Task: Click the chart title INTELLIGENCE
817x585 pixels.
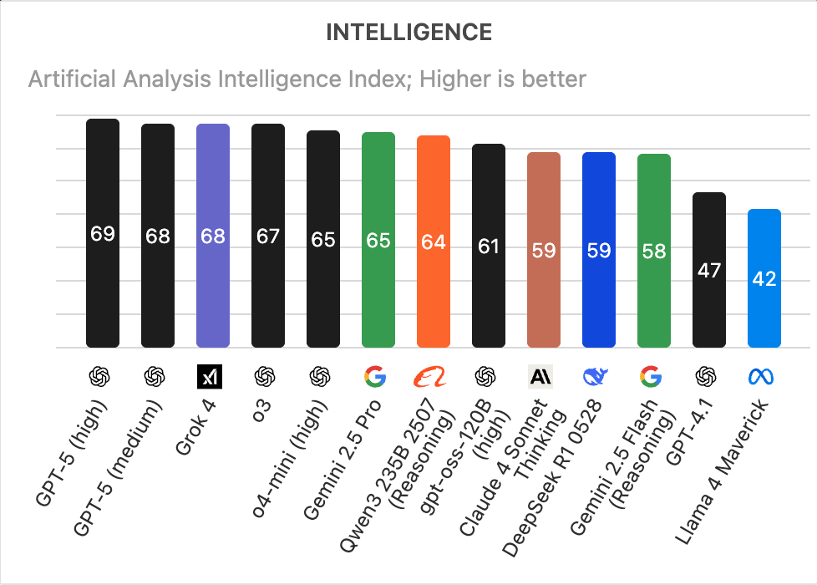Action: click(x=408, y=33)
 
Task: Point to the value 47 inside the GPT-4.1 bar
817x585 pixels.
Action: click(x=709, y=270)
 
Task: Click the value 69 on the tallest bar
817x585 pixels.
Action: click(x=103, y=234)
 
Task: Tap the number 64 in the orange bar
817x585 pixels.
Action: click(x=434, y=242)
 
